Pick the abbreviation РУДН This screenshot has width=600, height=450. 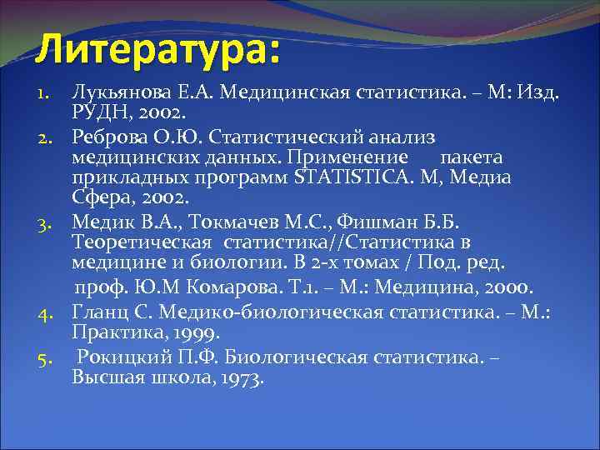point(104,112)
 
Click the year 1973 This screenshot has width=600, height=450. point(238,377)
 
